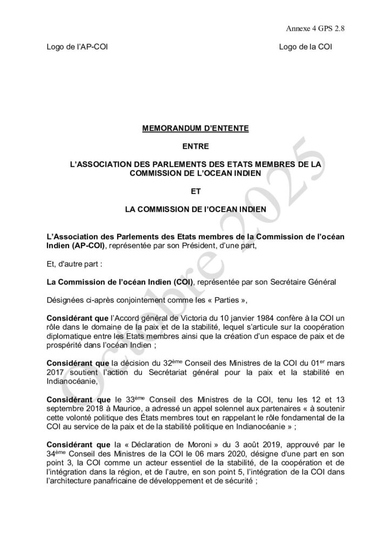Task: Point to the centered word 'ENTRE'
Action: (x=195, y=146)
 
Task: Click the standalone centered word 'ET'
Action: (x=195, y=190)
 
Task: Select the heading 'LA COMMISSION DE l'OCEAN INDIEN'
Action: (x=195, y=206)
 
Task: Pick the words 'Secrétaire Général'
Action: (x=306, y=281)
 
